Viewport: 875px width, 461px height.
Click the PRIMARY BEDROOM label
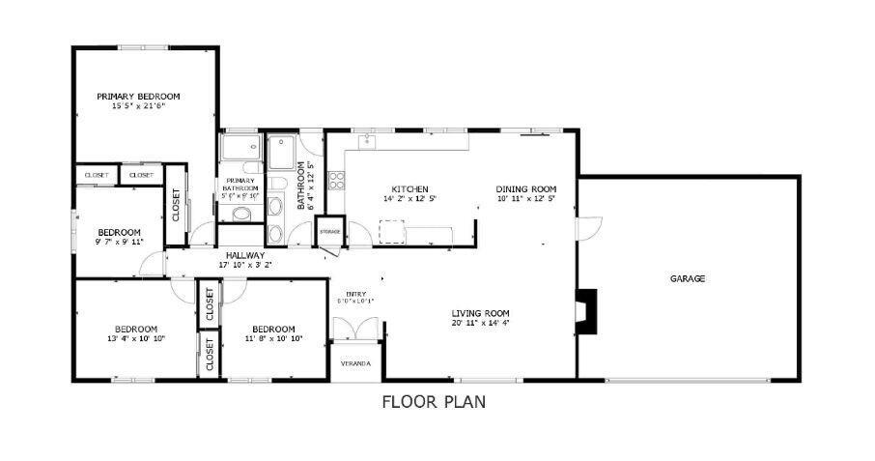pos(138,96)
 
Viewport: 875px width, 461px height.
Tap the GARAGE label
pos(688,278)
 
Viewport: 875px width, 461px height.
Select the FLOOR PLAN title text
pos(434,401)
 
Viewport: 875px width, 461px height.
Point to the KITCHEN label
pos(409,188)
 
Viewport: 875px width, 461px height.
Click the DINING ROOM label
pos(526,188)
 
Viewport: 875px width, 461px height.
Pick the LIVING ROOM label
pos(480,312)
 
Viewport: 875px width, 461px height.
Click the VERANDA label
pos(355,363)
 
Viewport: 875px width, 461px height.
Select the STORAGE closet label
pos(329,232)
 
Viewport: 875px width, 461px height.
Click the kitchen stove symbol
pos(336,179)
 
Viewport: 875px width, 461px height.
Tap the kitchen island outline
pos(391,232)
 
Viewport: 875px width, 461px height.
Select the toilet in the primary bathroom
pos(241,213)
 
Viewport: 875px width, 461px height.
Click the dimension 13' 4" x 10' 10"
pos(136,338)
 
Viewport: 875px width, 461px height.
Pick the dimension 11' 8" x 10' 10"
pos(273,338)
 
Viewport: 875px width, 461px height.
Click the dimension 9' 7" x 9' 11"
pos(119,242)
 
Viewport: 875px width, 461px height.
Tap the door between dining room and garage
pos(588,229)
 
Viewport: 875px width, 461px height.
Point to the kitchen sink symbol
pos(368,141)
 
